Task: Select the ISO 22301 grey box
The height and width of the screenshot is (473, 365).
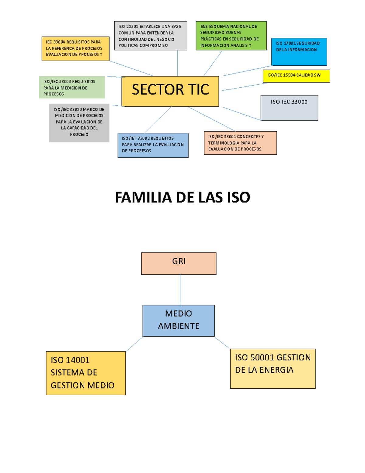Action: pos(151,36)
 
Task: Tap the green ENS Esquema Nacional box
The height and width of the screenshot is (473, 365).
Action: pos(231,36)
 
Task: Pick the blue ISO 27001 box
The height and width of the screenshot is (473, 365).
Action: pos(299,52)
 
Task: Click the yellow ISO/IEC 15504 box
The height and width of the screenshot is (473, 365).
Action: pos(296,76)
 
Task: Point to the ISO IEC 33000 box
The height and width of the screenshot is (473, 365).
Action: pos(289,108)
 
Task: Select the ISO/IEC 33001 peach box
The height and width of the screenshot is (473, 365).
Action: pos(240,143)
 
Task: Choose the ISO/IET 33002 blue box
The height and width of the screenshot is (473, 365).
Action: pos(153,145)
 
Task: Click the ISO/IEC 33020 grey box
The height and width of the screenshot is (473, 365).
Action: pos(79,123)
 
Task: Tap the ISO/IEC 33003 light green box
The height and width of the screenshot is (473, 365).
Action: pos(72,87)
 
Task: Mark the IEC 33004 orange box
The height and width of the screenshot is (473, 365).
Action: pos(75,49)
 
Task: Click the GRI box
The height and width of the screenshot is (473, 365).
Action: pos(179,263)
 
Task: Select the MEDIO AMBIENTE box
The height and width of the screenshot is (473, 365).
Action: pos(179,320)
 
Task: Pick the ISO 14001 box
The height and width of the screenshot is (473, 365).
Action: pos(86,373)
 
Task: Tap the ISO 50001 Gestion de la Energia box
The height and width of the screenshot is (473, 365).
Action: pos(273,369)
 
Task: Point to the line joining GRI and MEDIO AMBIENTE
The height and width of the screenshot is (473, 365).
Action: pos(180,290)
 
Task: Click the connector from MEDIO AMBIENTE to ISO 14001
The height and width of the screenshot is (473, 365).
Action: pos(134,344)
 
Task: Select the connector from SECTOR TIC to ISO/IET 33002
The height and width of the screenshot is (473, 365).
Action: pos(158,120)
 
